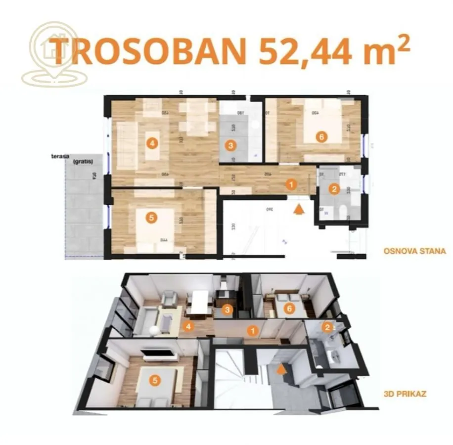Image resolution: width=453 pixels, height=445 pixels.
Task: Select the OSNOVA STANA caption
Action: point(414,251)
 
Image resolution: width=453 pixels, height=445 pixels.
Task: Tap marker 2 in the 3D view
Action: point(326,326)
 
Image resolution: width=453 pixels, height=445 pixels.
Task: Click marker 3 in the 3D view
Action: point(226,310)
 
